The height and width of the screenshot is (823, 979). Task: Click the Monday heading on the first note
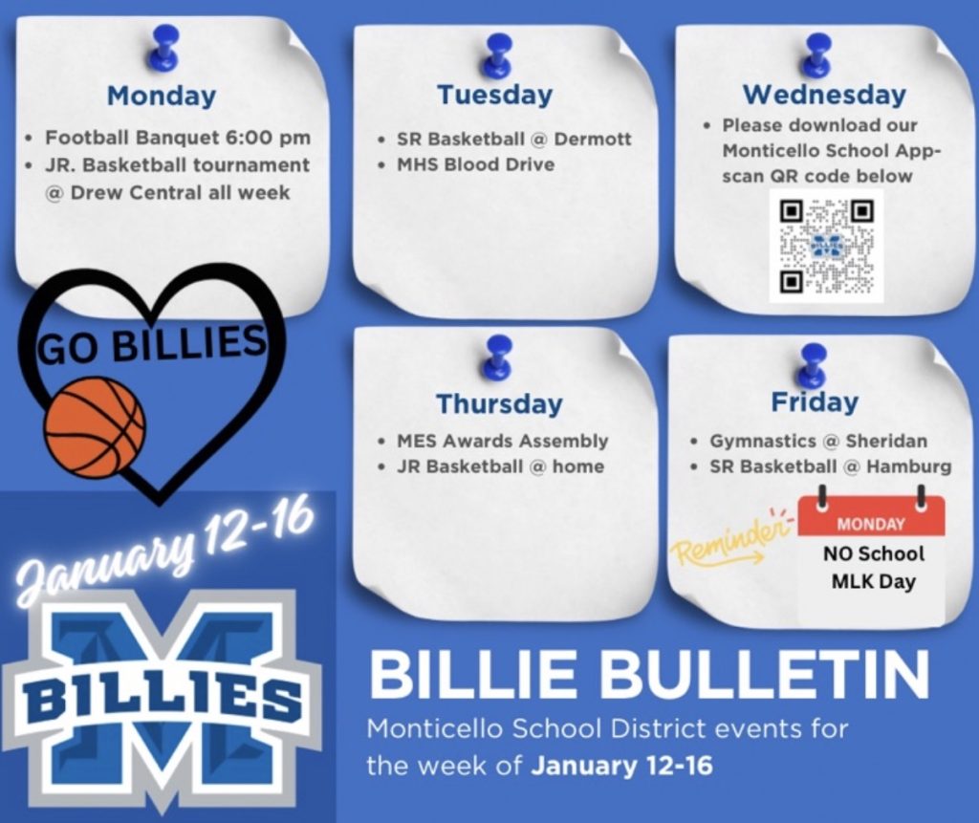coord(161,97)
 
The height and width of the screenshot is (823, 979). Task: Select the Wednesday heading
coord(824,95)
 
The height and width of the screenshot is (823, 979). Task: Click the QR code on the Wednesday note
coord(826,246)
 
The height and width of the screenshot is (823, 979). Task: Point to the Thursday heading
coord(499,404)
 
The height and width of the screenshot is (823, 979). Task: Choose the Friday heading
coord(815,401)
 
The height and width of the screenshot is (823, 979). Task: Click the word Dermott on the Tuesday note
coord(593,139)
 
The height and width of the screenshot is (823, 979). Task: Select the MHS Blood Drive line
coord(476,164)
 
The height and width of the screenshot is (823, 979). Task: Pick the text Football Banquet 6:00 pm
coord(177,138)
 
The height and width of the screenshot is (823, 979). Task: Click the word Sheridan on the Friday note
coord(886,441)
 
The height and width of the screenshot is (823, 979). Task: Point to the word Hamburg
coord(909,467)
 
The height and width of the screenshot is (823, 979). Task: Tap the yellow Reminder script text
coord(728,541)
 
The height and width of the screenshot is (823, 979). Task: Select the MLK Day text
coord(873,582)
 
